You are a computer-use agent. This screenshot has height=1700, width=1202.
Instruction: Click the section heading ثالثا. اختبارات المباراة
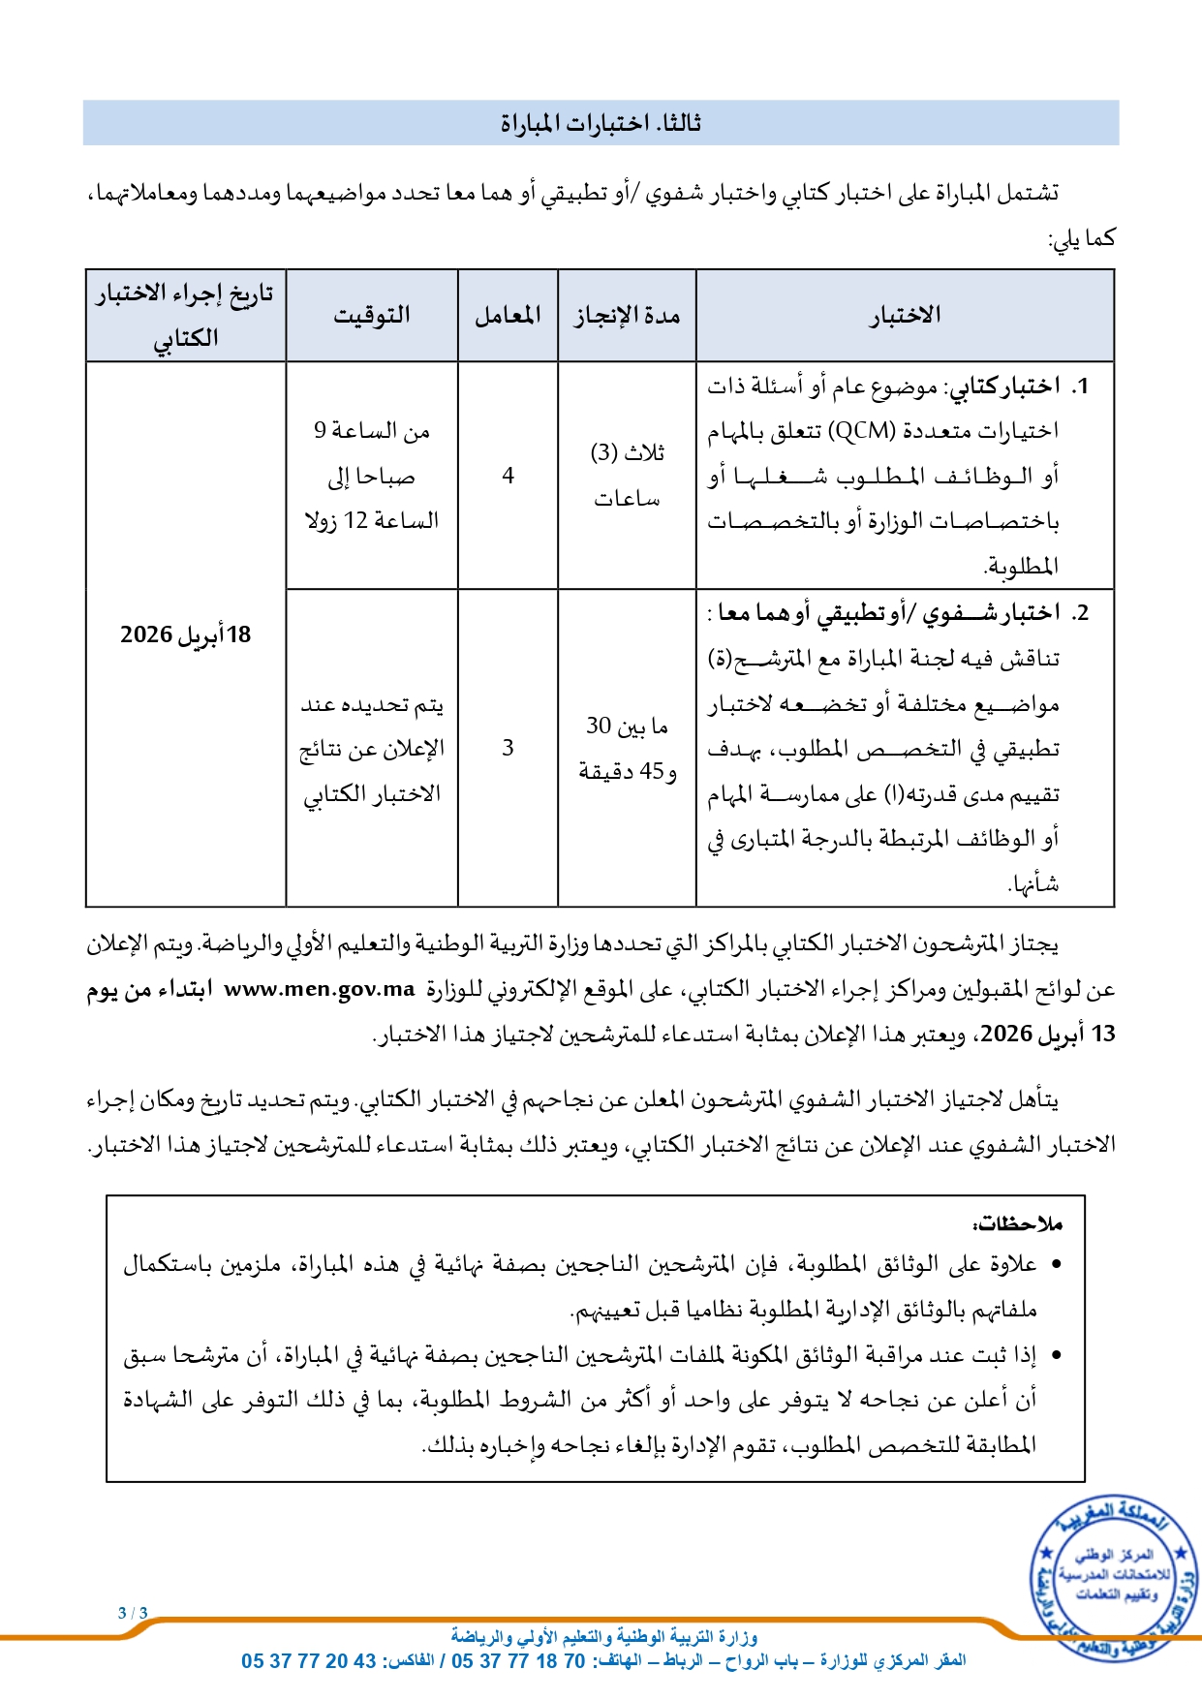click(x=601, y=123)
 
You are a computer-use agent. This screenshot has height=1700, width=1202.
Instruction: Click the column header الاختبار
click(x=905, y=316)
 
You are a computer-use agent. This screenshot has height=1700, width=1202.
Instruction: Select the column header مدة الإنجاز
click(x=627, y=316)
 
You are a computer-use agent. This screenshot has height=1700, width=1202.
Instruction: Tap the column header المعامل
click(x=508, y=316)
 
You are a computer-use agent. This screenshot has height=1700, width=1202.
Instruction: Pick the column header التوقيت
click(x=372, y=316)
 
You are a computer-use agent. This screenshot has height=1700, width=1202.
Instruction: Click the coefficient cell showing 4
click(x=508, y=476)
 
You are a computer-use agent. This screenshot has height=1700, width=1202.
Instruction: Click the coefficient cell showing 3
click(x=508, y=748)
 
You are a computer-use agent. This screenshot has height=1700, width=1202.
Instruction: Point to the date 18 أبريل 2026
click(x=185, y=635)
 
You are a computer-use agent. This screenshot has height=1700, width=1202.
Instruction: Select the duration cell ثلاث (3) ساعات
click(x=627, y=476)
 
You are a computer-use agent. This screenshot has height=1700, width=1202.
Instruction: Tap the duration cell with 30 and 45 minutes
click(x=627, y=748)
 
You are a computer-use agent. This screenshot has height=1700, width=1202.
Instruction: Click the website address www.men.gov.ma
click(x=319, y=989)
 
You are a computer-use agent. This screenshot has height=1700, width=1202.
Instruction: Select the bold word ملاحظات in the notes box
click(x=1021, y=1224)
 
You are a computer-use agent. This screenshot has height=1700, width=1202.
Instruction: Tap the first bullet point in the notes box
click(x=1056, y=1265)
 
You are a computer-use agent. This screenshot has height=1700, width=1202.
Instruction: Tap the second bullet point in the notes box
click(x=1056, y=1356)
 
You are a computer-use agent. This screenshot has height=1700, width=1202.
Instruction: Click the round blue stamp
click(x=1112, y=1575)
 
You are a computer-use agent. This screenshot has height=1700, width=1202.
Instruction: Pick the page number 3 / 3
click(x=133, y=1613)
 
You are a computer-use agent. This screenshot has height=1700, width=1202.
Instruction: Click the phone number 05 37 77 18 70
click(x=518, y=1661)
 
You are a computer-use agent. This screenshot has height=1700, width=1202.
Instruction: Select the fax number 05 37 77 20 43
click(x=309, y=1661)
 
